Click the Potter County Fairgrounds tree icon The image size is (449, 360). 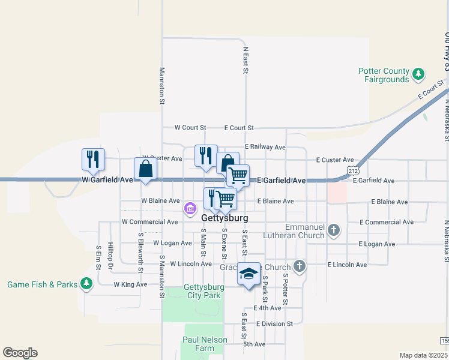pyautogui.click(x=418, y=75)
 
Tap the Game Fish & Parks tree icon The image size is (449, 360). pyautogui.click(x=86, y=283)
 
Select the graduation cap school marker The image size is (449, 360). pyautogui.click(x=249, y=274)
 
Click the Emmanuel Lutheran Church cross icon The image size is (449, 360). pyautogui.click(x=334, y=229)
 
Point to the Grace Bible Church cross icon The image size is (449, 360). pyautogui.click(x=300, y=266)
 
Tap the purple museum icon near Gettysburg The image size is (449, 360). pyautogui.click(x=190, y=209)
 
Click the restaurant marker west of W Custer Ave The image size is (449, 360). pyautogui.click(x=93, y=158)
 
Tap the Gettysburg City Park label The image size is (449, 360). pyautogui.click(x=194, y=292)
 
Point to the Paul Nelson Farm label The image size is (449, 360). pyautogui.click(x=205, y=344)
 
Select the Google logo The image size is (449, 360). pyautogui.click(x=20, y=353)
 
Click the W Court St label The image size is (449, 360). pyautogui.click(x=190, y=128)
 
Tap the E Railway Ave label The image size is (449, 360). pyautogui.click(x=265, y=147)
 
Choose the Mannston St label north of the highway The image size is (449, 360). pyautogui.click(x=161, y=86)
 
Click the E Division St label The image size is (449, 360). pyautogui.click(x=274, y=323)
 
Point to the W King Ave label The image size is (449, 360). pyautogui.click(x=130, y=284)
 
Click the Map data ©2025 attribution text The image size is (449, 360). pyautogui.click(x=423, y=355)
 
